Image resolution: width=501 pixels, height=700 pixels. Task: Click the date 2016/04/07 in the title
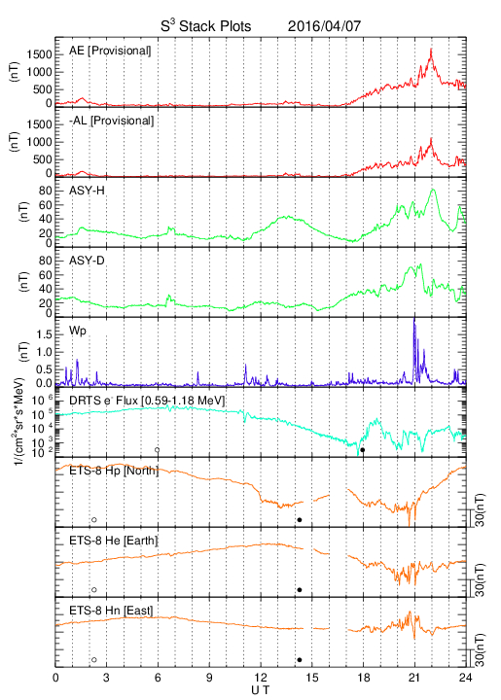pyautogui.click(x=324, y=26)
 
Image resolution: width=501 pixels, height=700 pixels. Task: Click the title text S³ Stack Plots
pyautogui.click(x=206, y=26)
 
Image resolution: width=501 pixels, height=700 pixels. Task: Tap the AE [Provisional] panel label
pyautogui.click(x=110, y=51)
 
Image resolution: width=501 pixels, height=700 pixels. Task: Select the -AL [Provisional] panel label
pyautogui.click(x=111, y=121)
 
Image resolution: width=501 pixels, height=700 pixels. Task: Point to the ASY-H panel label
pyautogui.click(x=87, y=191)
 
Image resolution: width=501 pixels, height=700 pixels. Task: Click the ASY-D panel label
pyautogui.click(x=87, y=261)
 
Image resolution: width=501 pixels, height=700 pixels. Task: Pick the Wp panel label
pyautogui.click(x=78, y=332)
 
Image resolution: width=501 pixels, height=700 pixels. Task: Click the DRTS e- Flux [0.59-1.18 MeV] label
pyautogui.click(x=147, y=401)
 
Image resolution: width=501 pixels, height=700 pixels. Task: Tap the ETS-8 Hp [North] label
pyautogui.click(x=114, y=471)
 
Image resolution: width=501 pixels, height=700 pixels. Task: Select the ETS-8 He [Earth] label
pyautogui.click(x=114, y=541)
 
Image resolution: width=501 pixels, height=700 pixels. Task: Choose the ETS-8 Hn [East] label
pyautogui.click(x=111, y=611)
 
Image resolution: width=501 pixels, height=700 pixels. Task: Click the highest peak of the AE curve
pyautogui.click(x=431, y=50)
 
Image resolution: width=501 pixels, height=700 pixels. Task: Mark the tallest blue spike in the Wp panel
pyautogui.click(x=414, y=319)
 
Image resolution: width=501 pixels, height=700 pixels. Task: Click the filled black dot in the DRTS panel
pyautogui.click(x=363, y=450)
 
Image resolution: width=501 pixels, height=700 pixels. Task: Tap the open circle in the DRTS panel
pyautogui.click(x=158, y=450)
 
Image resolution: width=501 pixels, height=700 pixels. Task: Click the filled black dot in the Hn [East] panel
pyautogui.click(x=300, y=660)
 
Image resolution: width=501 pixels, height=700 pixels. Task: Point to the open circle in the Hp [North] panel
pyautogui.click(x=94, y=519)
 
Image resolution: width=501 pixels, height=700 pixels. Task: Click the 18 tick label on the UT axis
pyautogui.click(x=364, y=678)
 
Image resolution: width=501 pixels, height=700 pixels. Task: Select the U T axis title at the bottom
pyautogui.click(x=261, y=690)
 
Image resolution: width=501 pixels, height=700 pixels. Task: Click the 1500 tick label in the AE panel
pyautogui.click(x=39, y=54)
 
